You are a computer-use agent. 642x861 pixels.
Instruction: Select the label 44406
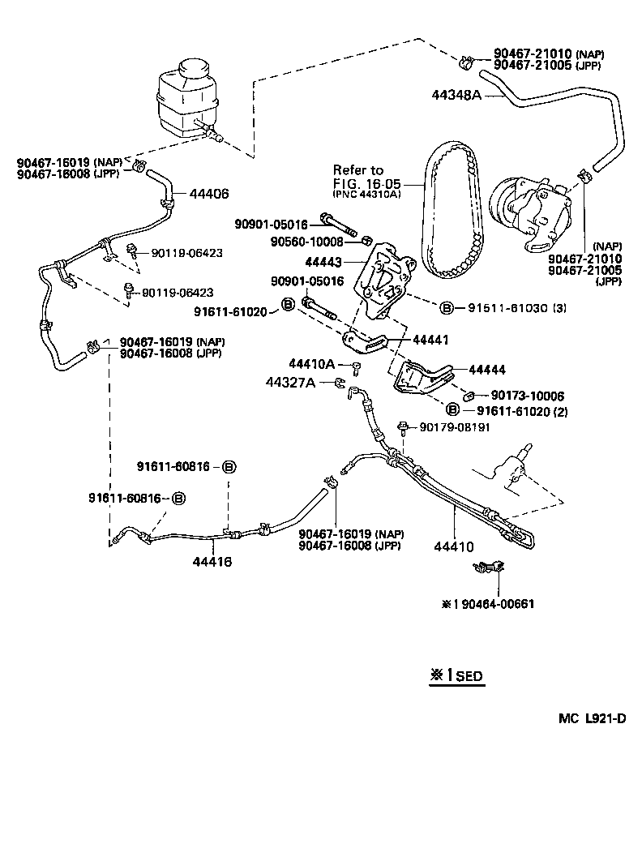pos(209,194)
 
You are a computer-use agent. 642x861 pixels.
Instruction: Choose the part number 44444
pos(487,370)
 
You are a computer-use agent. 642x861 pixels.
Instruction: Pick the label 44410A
pos(311,364)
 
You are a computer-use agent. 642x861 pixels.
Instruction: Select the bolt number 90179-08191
pos(455,427)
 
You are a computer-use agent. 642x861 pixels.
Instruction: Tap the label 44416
pos(212,561)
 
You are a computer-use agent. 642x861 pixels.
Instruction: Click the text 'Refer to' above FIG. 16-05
pos(357,170)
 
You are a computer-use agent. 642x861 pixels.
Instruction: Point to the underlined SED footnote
pos(456,675)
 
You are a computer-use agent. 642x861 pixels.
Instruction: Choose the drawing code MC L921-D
pos(591,719)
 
